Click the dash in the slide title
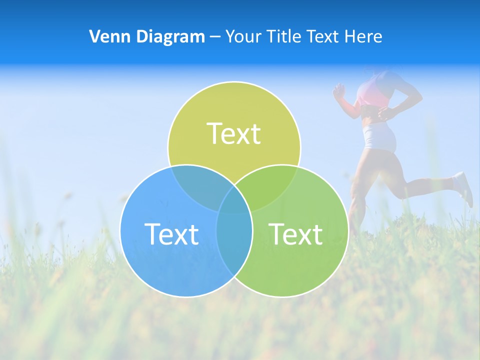[x=215, y=37]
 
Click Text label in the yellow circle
[x=234, y=133]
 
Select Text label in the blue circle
[x=171, y=233]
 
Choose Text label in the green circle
[x=296, y=233]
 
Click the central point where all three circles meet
[x=234, y=200]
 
